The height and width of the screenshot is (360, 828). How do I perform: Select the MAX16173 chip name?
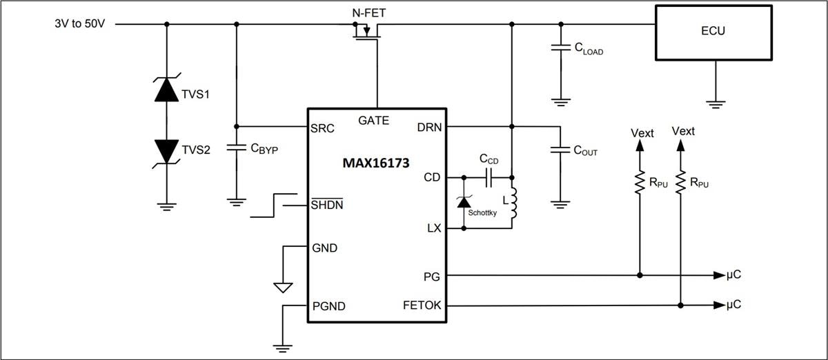[376, 164]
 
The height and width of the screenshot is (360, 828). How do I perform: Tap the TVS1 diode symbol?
[166, 90]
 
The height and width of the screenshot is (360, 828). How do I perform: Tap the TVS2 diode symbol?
[166, 149]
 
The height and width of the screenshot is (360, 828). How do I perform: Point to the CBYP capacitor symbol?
[236, 148]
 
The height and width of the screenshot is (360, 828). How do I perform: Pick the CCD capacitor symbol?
[489, 177]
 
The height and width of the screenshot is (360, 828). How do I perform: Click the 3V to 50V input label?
[79, 23]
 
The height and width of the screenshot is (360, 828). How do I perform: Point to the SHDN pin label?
[328, 205]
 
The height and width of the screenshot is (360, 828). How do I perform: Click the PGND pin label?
[329, 306]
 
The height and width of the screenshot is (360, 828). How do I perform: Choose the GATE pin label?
[373, 121]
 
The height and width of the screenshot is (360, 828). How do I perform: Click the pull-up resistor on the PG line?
[640, 182]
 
